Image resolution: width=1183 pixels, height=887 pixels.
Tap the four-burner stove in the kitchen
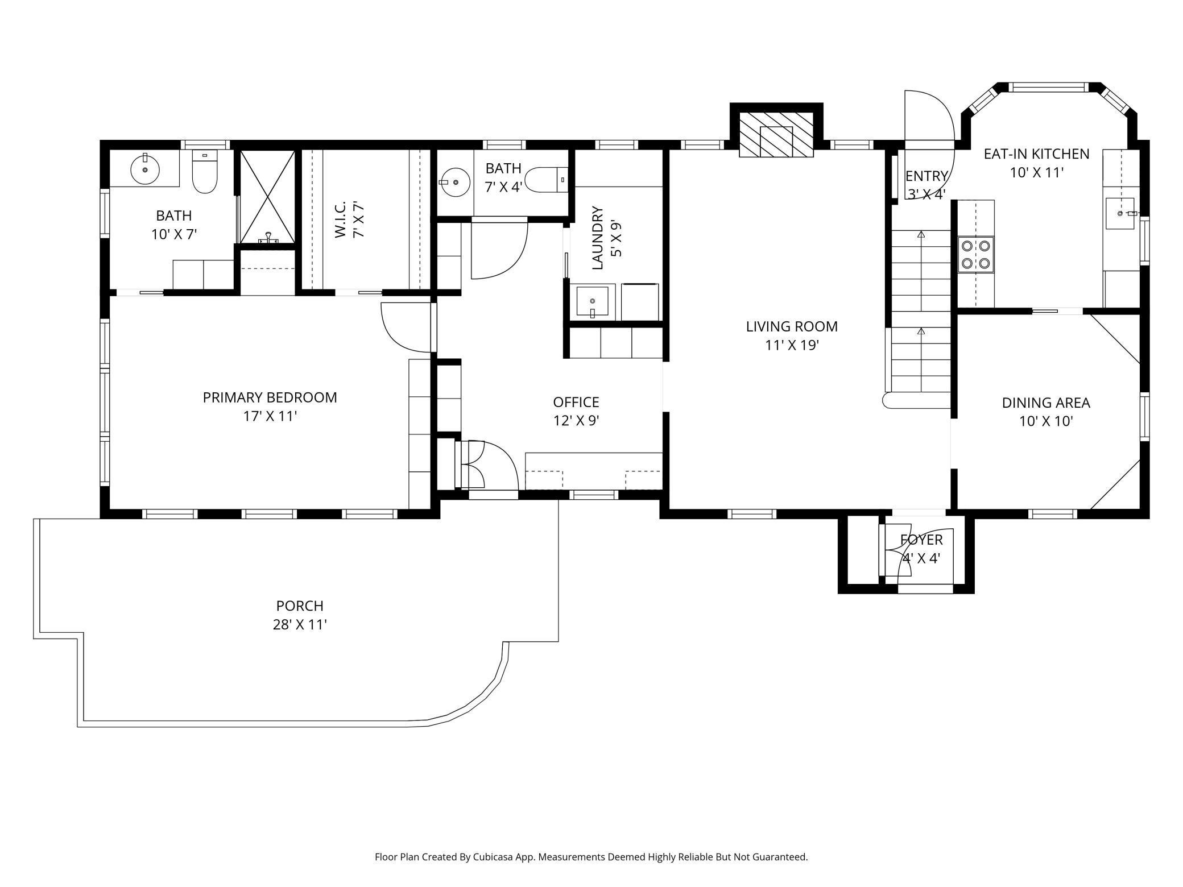click(x=976, y=254)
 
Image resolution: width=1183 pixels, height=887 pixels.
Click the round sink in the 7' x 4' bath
click(x=455, y=183)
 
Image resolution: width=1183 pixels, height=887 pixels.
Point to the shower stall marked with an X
click(x=267, y=197)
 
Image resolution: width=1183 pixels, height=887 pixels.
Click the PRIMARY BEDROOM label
click(x=270, y=397)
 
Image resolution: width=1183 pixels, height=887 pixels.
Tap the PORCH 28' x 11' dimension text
click(x=300, y=625)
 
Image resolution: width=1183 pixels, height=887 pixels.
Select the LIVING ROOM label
click(x=792, y=327)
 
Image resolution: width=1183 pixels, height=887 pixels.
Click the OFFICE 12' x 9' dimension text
click(x=576, y=421)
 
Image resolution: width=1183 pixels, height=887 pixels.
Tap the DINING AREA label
click(x=1045, y=403)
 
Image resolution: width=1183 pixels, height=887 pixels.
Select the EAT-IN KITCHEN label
click(x=1036, y=154)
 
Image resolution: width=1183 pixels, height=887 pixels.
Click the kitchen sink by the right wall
click(x=1120, y=213)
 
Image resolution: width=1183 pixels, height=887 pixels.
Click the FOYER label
click(x=921, y=540)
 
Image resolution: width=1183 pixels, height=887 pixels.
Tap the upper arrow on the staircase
click(x=921, y=234)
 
